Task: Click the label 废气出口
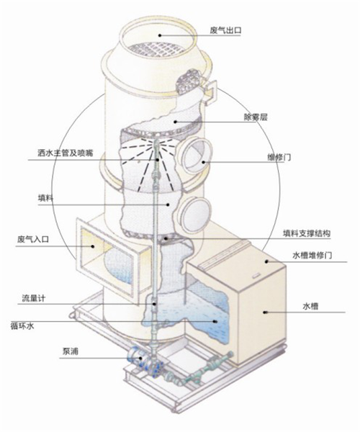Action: pyautogui.click(x=225, y=30)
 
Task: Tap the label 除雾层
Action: pyautogui.click(x=256, y=117)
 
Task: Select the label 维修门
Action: pyautogui.click(x=279, y=158)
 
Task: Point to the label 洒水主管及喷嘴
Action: pyautogui.click(x=66, y=153)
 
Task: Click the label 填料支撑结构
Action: pyautogui.click(x=306, y=233)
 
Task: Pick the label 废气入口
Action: pyautogui.click(x=33, y=239)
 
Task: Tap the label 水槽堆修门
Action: pyautogui.click(x=312, y=256)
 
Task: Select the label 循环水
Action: pyautogui.click(x=22, y=326)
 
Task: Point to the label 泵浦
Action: pyautogui.click(x=71, y=351)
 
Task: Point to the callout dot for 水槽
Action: pyautogui.click(x=265, y=312)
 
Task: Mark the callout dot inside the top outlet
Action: pyautogui.click(x=159, y=35)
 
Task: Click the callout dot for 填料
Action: pyautogui.click(x=168, y=204)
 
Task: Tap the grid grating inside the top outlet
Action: pyautogui.click(x=157, y=51)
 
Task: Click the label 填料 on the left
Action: pyautogui.click(x=45, y=198)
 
